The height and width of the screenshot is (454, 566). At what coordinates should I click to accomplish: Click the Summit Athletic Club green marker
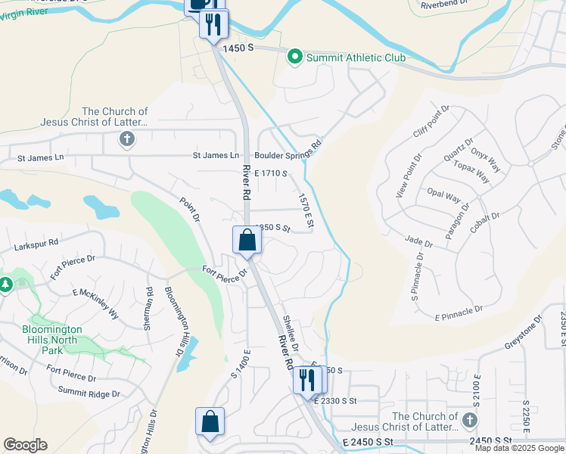(294, 57)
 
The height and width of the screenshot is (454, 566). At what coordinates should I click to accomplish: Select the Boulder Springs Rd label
(288, 149)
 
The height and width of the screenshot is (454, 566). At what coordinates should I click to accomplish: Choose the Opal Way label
(443, 196)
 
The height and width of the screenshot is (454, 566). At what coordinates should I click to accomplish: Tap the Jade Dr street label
(418, 244)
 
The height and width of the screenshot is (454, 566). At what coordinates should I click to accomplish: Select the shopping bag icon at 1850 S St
(247, 241)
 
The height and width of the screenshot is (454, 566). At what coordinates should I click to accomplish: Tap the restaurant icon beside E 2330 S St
(306, 378)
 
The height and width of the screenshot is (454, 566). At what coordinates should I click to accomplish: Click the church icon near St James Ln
(126, 138)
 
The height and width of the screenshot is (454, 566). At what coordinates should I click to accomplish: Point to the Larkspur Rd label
(36, 247)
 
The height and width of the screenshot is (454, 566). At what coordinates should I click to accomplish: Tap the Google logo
(25, 445)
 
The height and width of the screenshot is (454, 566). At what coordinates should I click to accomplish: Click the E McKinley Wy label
(96, 302)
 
